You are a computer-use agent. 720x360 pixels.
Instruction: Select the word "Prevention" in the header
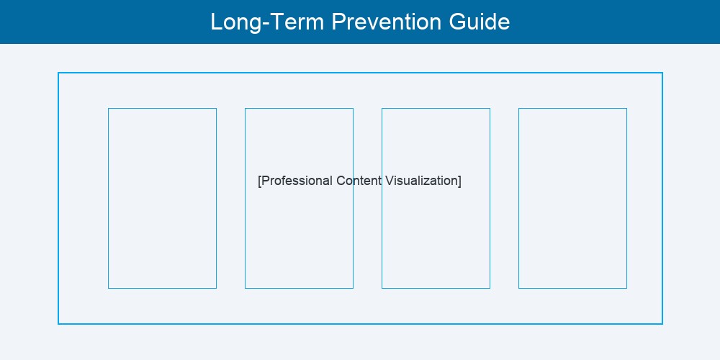(x=387, y=22)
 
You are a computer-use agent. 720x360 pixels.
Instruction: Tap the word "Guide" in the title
(x=480, y=22)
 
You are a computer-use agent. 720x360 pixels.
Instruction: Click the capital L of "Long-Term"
(x=217, y=22)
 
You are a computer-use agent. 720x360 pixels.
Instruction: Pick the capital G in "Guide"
(x=457, y=22)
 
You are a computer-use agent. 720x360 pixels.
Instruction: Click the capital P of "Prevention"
(x=339, y=22)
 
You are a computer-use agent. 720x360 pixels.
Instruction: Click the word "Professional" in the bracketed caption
(x=295, y=181)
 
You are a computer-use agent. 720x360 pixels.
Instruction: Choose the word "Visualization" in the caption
(x=421, y=181)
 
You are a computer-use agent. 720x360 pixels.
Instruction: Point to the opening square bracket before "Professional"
(x=259, y=181)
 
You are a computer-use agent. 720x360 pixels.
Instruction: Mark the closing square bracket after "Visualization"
(x=459, y=181)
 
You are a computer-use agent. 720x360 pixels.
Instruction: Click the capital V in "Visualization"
(x=389, y=181)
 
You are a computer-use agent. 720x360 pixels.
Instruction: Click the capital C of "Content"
(x=341, y=181)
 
